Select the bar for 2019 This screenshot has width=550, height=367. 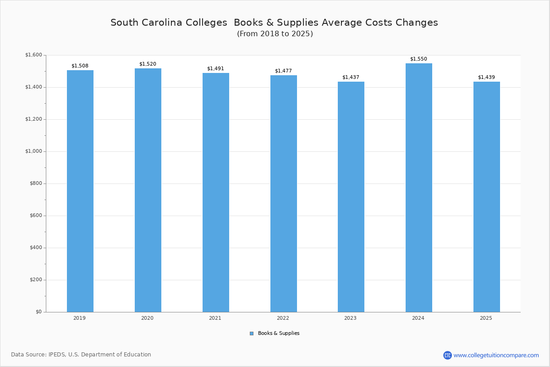point(80,191)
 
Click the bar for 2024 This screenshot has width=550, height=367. point(419,188)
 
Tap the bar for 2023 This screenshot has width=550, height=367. point(351,197)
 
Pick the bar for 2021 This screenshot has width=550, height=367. point(216,192)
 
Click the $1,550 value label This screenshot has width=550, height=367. point(418,59)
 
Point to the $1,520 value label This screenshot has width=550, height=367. point(148,64)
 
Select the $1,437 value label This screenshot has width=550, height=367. point(351,78)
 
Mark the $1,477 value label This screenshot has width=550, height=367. point(283,71)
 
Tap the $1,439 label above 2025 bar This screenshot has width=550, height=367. point(486,78)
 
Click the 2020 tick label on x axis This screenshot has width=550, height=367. point(147,318)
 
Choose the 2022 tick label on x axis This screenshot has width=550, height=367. point(283,318)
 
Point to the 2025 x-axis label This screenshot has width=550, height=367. point(486,318)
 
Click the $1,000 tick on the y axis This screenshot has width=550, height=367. point(33,151)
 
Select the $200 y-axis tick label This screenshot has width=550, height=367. point(35,280)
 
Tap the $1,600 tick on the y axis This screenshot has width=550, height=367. point(33,55)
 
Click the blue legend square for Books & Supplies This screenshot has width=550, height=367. point(252,334)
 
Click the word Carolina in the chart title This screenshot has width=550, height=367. point(166,22)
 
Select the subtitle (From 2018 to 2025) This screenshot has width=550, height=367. point(275,34)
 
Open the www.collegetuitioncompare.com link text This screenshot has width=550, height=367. point(496,355)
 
